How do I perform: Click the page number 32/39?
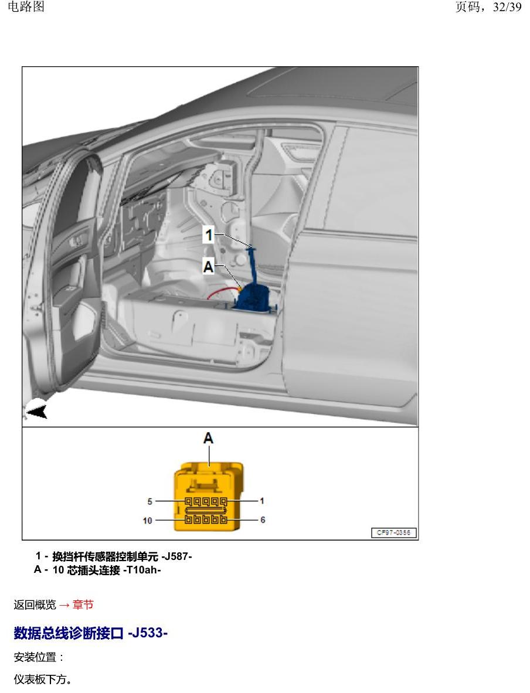click(x=507, y=7)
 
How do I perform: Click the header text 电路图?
click(x=26, y=6)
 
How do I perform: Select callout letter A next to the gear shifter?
click(x=208, y=267)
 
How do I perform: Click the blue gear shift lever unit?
click(x=253, y=287)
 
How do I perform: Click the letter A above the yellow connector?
click(x=208, y=438)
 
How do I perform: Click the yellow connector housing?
click(x=209, y=496)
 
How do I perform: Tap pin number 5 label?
click(x=150, y=501)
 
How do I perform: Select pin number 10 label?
click(x=148, y=521)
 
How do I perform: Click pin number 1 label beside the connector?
click(x=262, y=501)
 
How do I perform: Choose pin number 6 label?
click(x=263, y=519)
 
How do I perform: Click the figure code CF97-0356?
click(x=394, y=532)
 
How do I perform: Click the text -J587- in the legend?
click(x=177, y=556)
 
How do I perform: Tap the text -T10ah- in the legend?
click(x=142, y=570)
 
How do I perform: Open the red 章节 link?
click(x=83, y=604)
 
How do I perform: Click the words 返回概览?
click(x=35, y=604)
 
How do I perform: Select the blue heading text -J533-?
click(x=148, y=633)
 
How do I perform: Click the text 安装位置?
click(x=35, y=657)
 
